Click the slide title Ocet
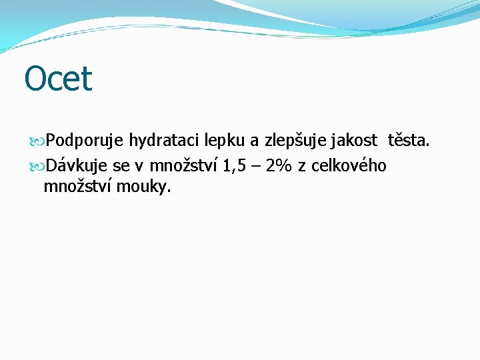click(x=58, y=79)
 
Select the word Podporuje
click(x=86, y=141)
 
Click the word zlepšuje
click(x=293, y=141)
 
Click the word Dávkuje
click(x=78, y=165)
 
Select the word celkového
click(x=349, y=165)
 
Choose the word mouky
click(x=144, y=187)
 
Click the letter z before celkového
click(x=302, y=166)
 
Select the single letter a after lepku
click(x=254, y=141)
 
